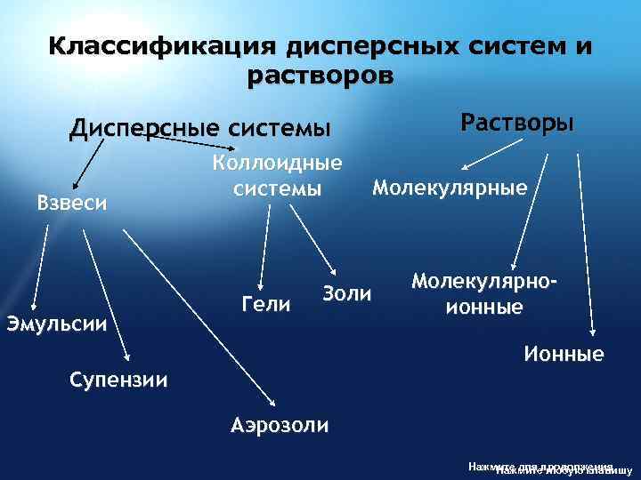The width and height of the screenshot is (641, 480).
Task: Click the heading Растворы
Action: pyautogui.click(x=516, y=121)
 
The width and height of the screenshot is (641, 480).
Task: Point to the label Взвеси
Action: pyautogui.click(x=72, y=202)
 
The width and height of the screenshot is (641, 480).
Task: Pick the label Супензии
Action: pyautogui.click(x=118, y=380)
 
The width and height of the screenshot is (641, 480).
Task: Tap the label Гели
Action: pyautogui.click(x=266, y=305)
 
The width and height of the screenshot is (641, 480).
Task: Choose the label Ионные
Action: pyautogui.click(x=564, y=355)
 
